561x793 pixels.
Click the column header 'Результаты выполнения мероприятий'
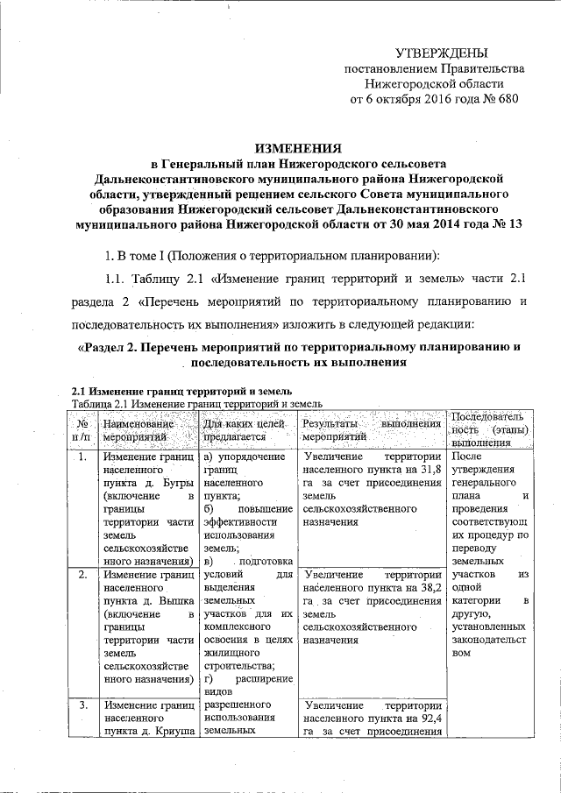coord(370,428)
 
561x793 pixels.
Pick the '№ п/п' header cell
coord(82,428)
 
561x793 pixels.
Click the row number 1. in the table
coord(81,457)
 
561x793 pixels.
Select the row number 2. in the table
coord(81,575)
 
